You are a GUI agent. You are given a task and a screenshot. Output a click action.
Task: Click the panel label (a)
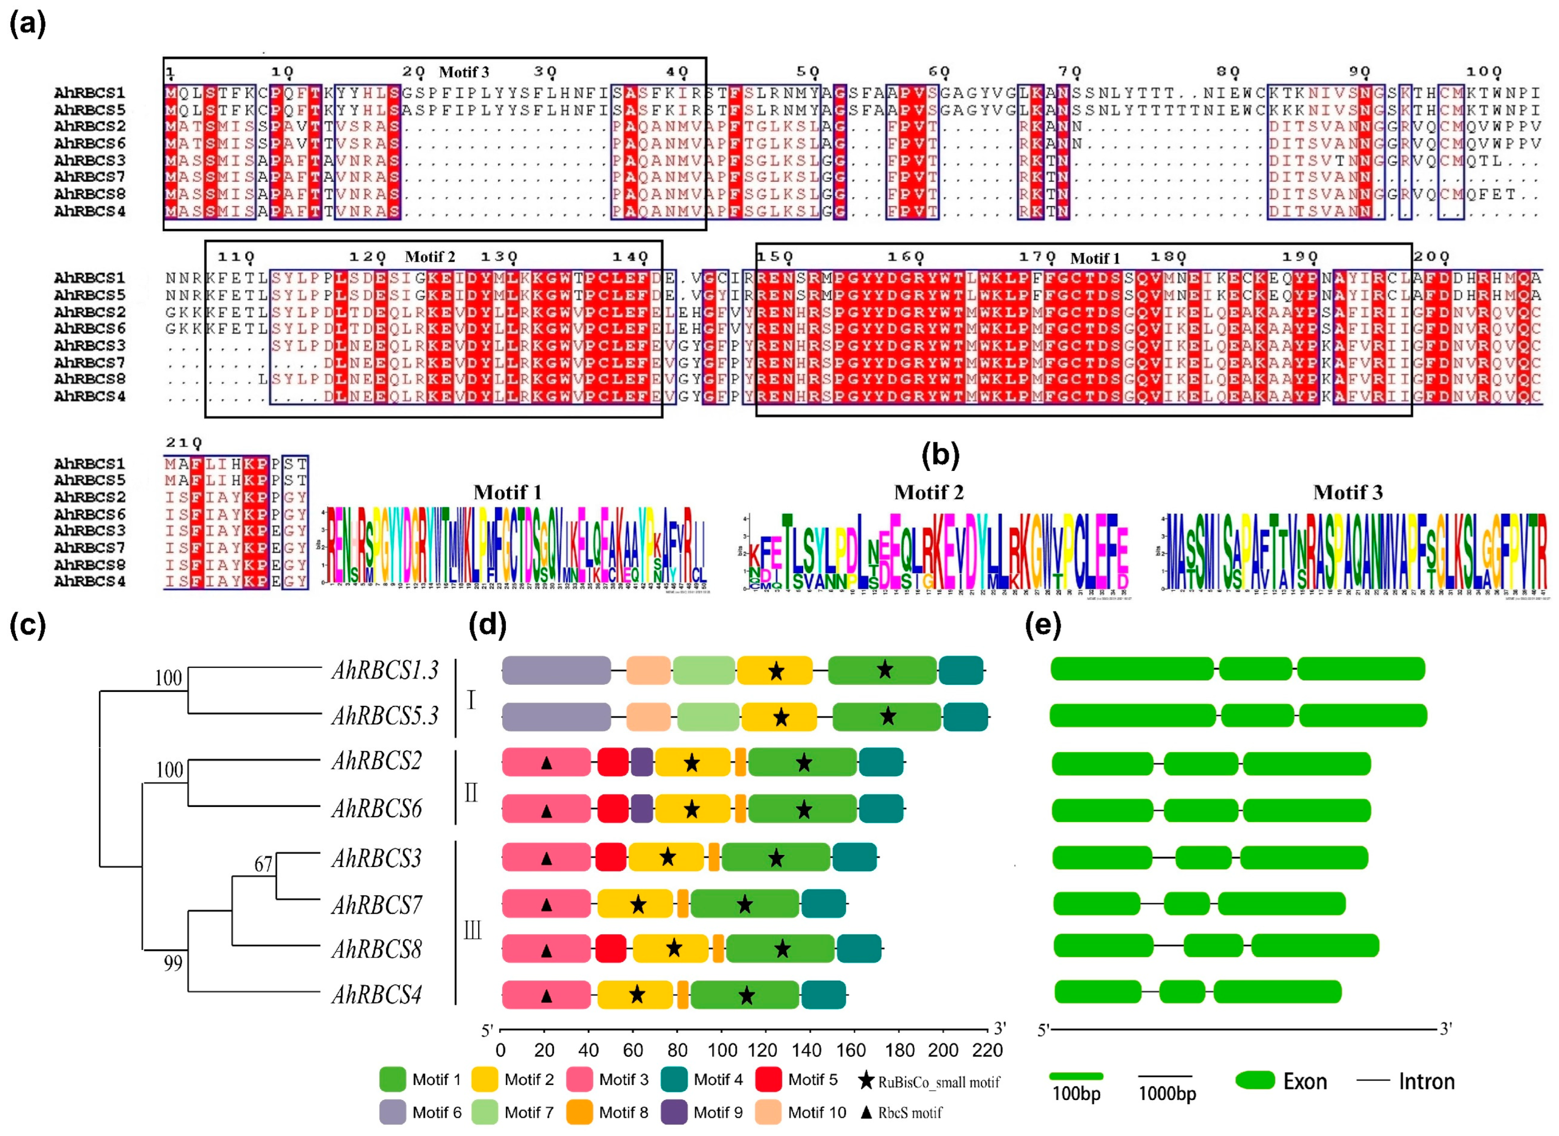pos(28,24)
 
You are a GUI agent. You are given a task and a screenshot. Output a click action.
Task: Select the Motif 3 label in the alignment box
pos(464,72)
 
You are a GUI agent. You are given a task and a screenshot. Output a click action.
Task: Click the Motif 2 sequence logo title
pos(928,492)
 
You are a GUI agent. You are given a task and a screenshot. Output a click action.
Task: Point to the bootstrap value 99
pos(173,963)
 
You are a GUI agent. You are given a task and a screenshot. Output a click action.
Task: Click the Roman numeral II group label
pos(471,793)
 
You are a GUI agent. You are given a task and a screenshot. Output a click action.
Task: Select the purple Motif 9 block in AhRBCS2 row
pos(642,763)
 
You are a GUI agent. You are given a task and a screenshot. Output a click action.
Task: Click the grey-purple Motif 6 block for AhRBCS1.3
pos(556,670)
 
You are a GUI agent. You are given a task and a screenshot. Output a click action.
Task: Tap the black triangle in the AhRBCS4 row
pos(547,995)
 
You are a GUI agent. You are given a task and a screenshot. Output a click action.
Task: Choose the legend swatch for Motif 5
pos(768,1080)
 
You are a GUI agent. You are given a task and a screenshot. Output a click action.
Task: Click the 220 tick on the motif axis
pos(987,1050)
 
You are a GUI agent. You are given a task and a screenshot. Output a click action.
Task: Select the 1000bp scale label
pos(1167,1093)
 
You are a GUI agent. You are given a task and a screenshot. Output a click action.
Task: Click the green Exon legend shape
pos(1255,1080)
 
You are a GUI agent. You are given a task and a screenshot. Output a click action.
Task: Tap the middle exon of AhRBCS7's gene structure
pos(1186,904)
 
